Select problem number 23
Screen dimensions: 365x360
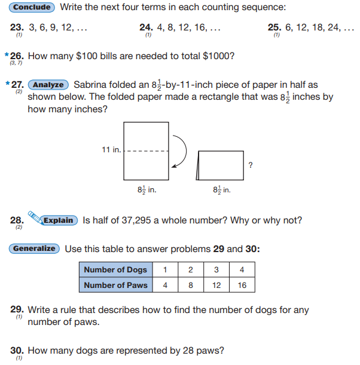tap(16, 27)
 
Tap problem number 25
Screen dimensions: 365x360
tap(275, 27)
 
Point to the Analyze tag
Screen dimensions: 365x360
tap(48, 85)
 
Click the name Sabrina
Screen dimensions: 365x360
tap(92, 85)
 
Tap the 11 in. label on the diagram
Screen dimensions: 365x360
tap(111, 149)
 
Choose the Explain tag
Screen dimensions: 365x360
tap(59, 220)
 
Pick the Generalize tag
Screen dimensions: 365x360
tap(35, 249)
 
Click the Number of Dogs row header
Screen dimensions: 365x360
tap(115, 270)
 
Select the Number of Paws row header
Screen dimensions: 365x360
tap(115, 285)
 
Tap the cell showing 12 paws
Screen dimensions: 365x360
tap(216, 285)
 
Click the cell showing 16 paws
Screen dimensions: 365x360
tap(242, 285)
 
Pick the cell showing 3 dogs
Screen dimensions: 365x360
tap(216, 270)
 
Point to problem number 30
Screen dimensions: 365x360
tap(16, 350)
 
